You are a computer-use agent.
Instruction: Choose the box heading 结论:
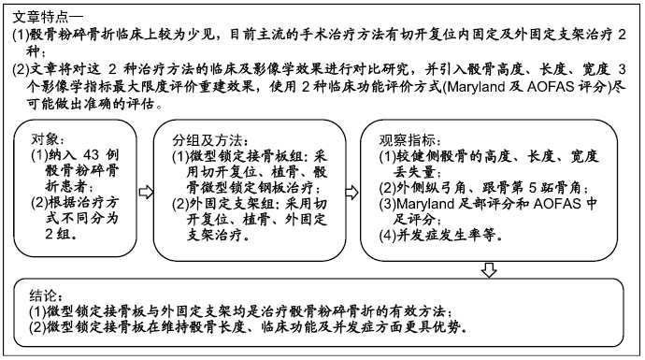[x=43, y=293]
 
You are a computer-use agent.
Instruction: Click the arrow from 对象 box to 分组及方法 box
[x=145, y=192]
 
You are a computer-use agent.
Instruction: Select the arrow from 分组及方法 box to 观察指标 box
[x=351, y=192]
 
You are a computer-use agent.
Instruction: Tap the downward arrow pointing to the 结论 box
[x=488, y=271]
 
